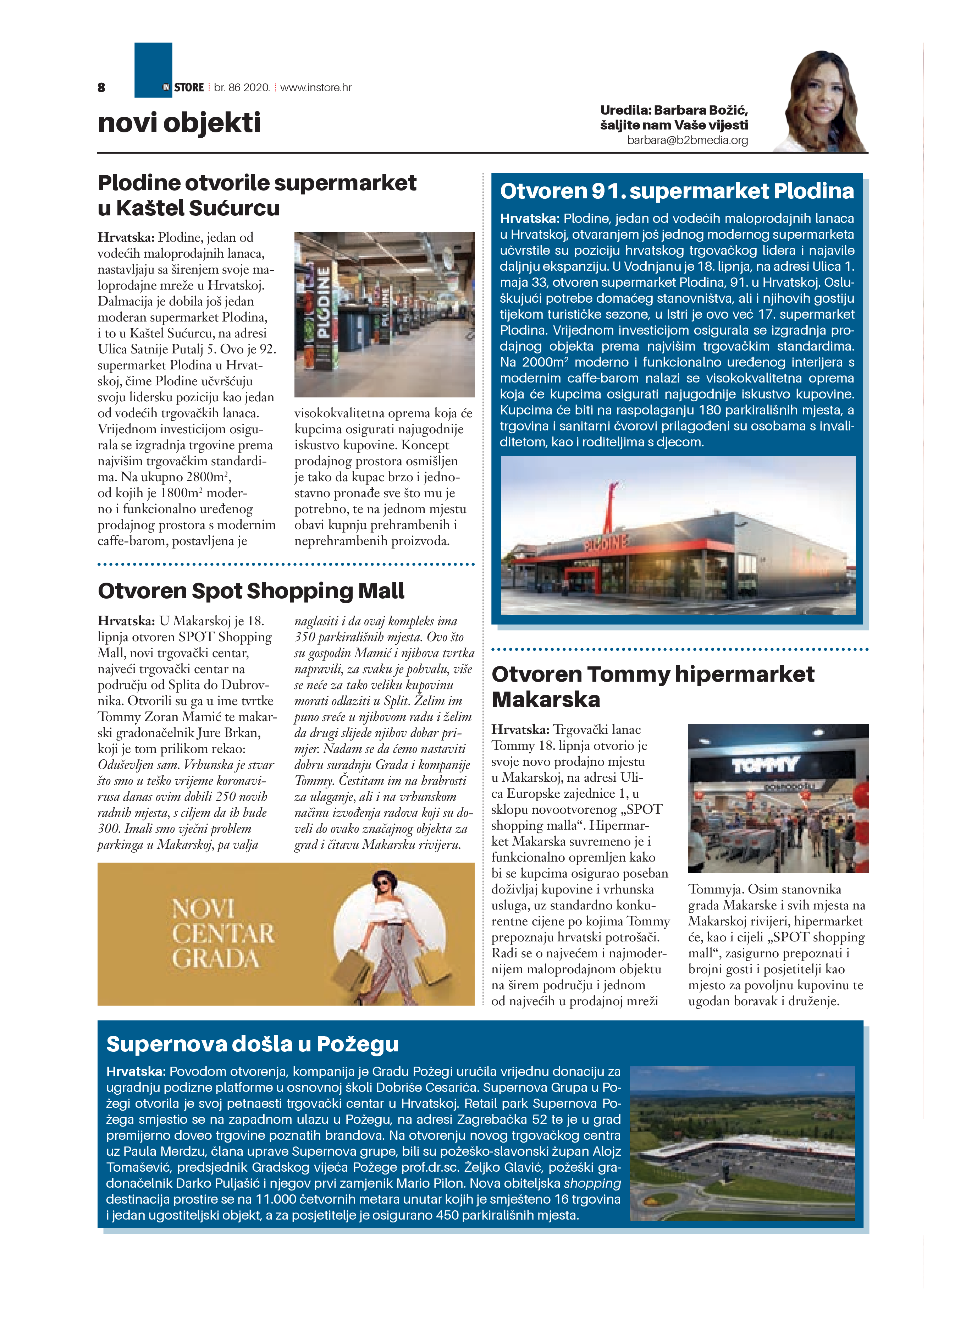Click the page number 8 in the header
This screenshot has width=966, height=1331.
click(x=101, y=87)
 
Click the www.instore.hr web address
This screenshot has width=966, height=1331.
click(x=316, y=87)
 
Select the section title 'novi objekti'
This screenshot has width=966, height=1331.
click(x=179, y=123)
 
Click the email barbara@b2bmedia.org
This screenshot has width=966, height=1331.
click(x=687, y=140)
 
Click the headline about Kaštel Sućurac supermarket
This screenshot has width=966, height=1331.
click(x=257, y=195)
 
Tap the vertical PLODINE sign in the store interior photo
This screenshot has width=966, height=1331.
click(x=323, y=302)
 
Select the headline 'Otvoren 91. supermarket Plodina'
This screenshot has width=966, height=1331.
click(x=677, y=191)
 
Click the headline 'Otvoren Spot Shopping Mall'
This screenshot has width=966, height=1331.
click(x=251, y=590)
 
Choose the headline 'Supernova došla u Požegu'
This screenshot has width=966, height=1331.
click(x=252, y=1044)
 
